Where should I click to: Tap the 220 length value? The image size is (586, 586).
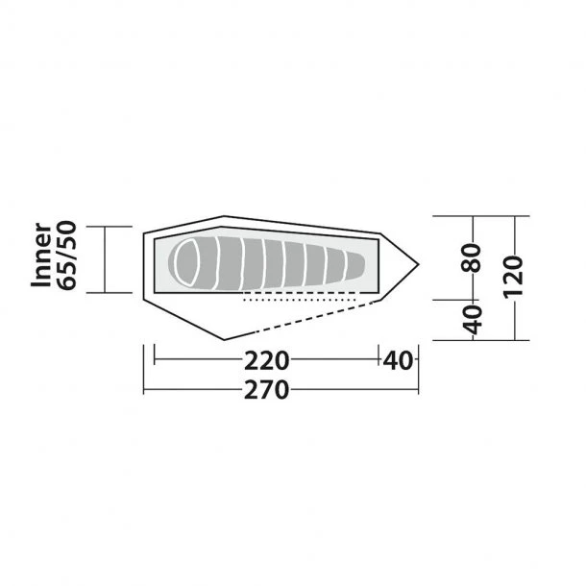[266, 361]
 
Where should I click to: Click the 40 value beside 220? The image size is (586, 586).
[398, 361]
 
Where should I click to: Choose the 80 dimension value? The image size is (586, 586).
[471, 257]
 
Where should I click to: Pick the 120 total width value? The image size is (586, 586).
[512, 277]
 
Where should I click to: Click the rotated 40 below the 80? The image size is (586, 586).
[471, 319]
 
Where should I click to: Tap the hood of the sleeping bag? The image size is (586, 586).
[186, 260]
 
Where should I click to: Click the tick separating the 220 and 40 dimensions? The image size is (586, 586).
[378, 361]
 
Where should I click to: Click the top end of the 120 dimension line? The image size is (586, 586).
[516, 217]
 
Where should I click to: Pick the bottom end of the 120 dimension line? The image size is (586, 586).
[516, 339]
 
